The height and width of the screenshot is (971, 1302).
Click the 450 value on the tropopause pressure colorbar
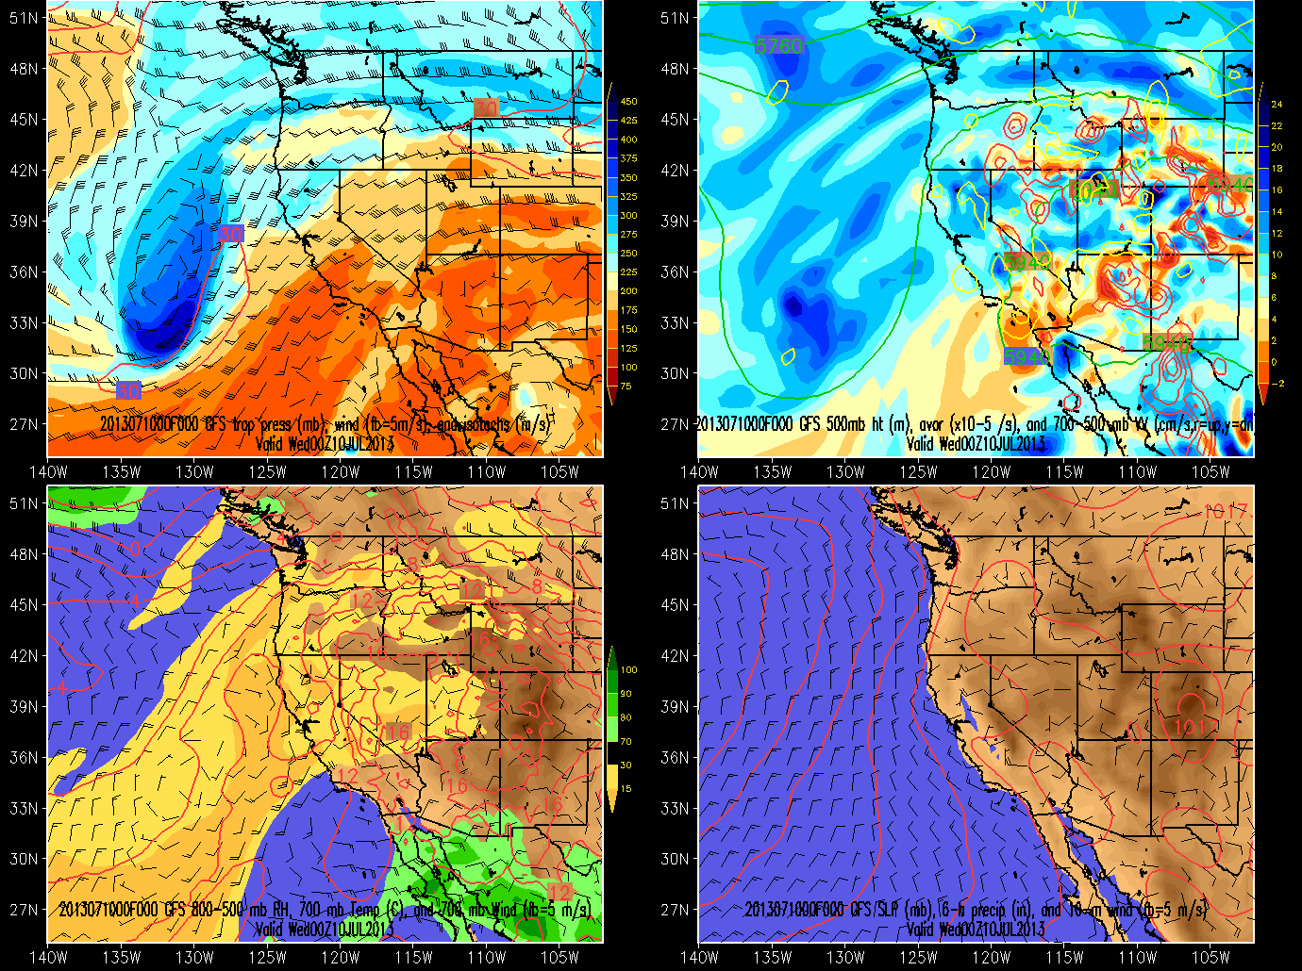[628, 102]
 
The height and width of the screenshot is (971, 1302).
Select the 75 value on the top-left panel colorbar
[626, 387]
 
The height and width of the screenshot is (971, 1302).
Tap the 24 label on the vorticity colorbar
[1277, 105]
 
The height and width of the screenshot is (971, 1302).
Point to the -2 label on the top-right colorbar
[1277, 384]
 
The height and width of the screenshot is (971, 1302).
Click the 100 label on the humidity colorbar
[628, 670]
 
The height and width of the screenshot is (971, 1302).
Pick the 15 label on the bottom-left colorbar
[626, 789]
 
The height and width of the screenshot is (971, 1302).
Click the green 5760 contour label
[778, 45]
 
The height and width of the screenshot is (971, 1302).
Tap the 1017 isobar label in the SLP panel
[1225, 512]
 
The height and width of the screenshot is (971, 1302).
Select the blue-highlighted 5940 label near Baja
[1026, 356]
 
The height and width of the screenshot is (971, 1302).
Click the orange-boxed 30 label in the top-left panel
[485, 108]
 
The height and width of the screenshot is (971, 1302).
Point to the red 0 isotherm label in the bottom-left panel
[135, 548]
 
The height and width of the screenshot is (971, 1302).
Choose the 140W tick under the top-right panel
[699, 472]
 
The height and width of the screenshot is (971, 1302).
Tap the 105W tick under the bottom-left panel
[560, 958]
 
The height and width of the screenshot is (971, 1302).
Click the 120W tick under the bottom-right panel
[992, 958]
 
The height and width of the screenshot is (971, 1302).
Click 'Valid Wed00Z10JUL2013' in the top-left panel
[325, 443]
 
